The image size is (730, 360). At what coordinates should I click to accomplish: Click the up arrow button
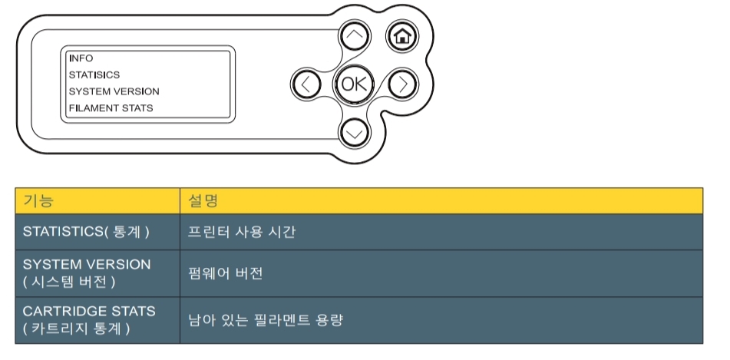tap(353, 36)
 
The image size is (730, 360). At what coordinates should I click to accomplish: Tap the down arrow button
tap(353, 132)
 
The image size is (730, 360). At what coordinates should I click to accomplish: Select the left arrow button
tap(306, 84)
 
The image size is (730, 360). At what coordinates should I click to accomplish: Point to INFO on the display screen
tap(81, 58)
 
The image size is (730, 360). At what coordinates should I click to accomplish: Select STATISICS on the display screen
tap(94, 75)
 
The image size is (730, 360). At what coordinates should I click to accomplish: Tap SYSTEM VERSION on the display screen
tap(114, 91)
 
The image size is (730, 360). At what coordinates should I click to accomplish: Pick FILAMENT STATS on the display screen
tap(111, 108)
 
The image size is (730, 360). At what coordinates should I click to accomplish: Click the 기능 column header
tap(39, 201)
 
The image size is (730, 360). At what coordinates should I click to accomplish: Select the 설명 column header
tap(203, 201)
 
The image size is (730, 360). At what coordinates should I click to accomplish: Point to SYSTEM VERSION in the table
tap(87, 264)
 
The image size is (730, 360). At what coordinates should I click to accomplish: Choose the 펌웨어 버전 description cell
tap(226, 272)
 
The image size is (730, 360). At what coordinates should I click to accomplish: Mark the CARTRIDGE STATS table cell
tap(89, 312)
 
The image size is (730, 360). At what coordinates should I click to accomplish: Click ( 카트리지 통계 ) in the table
tap(76, 329)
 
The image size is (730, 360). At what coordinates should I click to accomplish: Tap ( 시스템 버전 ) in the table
tap(68, 281)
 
